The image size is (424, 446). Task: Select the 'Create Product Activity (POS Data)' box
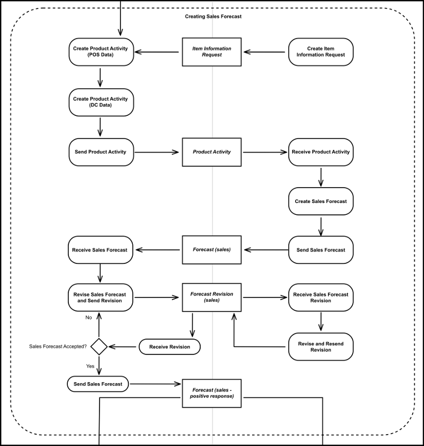point(101,52)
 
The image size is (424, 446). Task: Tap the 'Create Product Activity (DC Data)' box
point(101,102)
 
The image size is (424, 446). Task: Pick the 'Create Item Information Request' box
point(321,52)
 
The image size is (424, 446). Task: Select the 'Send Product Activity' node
point(101,151)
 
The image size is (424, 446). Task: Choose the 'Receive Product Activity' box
point(321,151)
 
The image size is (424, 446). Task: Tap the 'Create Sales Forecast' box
point(321,201)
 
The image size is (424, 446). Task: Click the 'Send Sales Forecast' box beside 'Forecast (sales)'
point(321,249)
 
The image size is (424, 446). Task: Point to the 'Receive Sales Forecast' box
point(101,249)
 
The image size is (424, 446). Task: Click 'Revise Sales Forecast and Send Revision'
point(101,298)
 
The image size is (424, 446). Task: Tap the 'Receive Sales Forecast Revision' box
point(321,298)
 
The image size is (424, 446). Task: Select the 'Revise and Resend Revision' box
point(321,347)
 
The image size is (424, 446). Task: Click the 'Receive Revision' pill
point(170,347)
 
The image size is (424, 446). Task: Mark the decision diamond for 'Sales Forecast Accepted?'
point(99,347)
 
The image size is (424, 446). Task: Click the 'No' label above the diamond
point(88,318)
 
